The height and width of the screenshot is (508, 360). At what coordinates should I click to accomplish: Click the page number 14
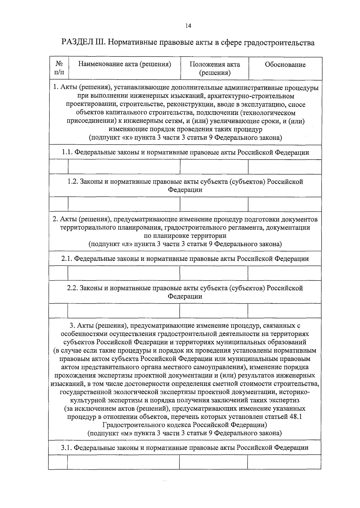(188, 26)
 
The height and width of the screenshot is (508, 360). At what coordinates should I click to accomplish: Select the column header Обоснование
(285, 65)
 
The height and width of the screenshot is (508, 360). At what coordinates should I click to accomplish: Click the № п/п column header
(59, 68)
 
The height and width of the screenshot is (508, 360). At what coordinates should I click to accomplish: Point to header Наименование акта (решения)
(124, 64)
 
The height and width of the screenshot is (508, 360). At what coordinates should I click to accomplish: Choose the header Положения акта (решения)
(215, 68)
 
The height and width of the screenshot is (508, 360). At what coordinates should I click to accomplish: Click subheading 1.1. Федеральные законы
(185, 152)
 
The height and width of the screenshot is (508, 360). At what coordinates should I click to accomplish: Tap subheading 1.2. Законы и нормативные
(185, 186)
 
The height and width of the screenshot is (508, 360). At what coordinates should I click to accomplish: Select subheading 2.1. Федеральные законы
(185, 259)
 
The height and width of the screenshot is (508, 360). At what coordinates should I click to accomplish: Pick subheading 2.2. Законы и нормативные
(185, 292)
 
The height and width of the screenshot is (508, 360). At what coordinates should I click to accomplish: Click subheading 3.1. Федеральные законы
(185, 448)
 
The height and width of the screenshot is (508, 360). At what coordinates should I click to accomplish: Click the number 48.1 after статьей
(296, 416)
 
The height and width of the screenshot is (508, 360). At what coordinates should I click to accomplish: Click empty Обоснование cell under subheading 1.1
(285, 167)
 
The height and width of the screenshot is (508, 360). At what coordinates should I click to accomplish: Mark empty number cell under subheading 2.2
(58, 311)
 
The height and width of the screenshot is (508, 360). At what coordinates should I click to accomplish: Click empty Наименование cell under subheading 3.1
(123, 462)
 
